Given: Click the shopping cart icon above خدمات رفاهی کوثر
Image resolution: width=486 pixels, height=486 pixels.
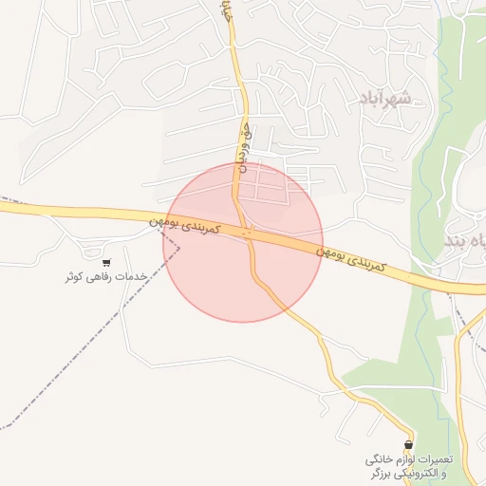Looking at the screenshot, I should click(106, 263).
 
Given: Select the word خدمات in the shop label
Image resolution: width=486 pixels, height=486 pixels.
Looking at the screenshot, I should click(134, 277).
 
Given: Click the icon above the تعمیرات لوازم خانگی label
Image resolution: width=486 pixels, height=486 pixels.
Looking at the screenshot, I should click(409, 443).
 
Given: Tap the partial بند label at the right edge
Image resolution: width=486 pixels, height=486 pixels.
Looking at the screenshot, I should click(465, 244).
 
